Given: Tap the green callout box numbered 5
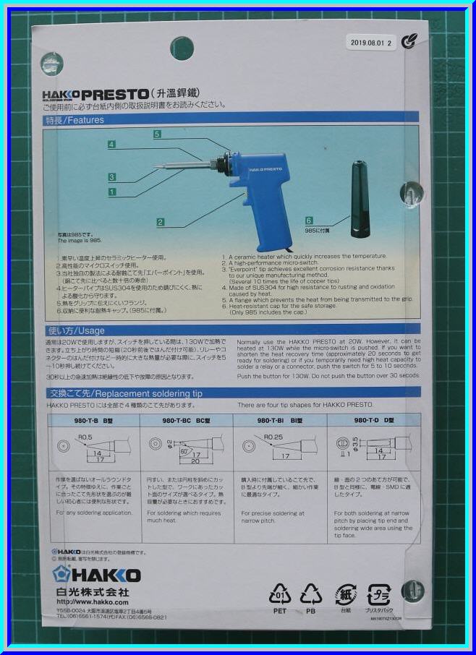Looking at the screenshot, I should pyautogui.click(x=157, y=134).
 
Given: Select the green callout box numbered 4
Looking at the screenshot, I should pyautogui.click(x=111, y=145).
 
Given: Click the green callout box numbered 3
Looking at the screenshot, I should pyautogui.click(x=112, y=177).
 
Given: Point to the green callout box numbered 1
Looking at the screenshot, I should pyautogui.click(x=112, y=192).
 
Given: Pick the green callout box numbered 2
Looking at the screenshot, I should pyautogui.click(x=160, y=222).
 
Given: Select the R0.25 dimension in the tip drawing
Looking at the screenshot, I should pyautogui.click(x=273, y=437).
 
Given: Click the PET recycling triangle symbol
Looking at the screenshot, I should pyautogui.click(x=280, y=594).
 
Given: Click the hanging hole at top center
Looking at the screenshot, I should pyautogui.click(x=181, y=48).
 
